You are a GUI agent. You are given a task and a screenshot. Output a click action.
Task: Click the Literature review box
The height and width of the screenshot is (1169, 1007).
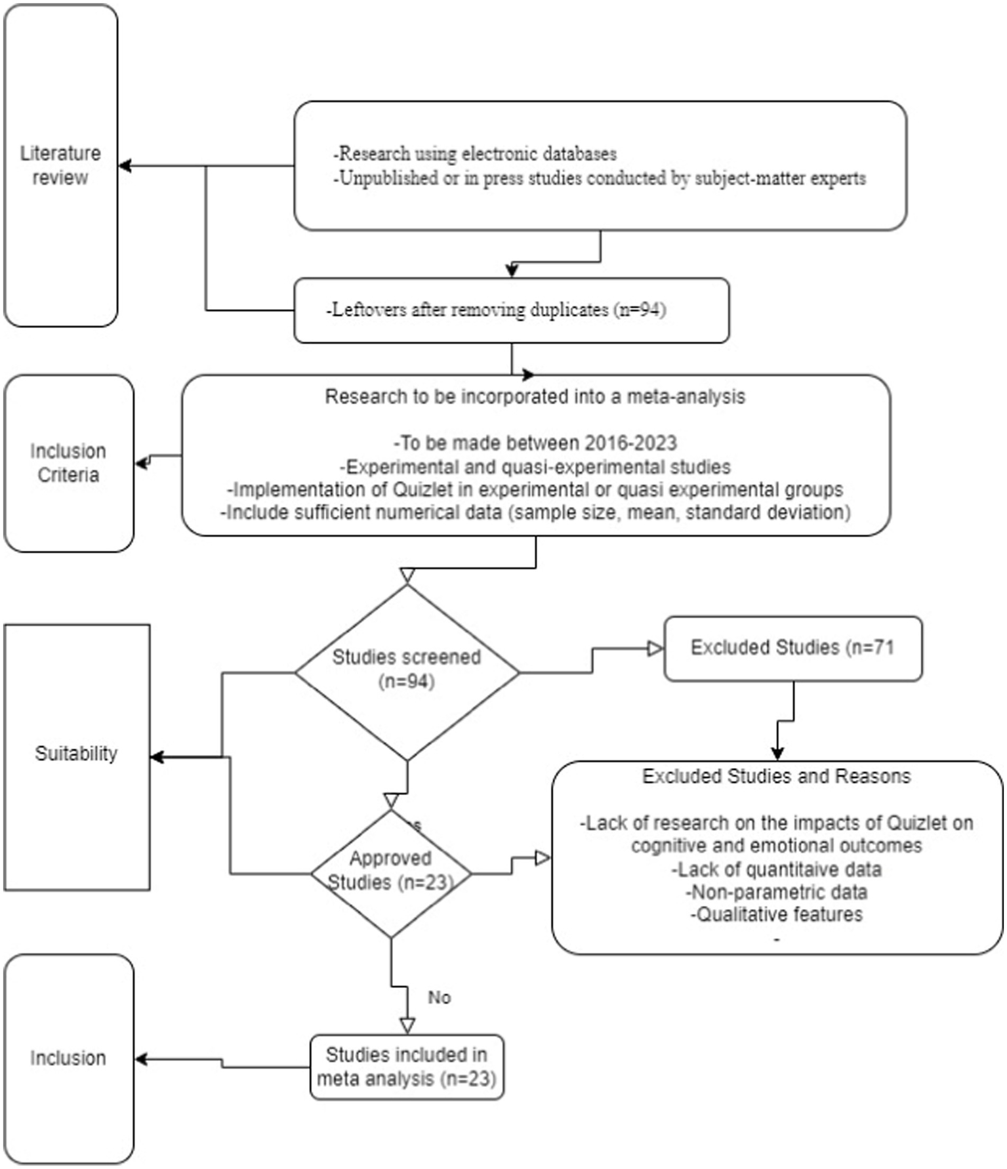[60, 165]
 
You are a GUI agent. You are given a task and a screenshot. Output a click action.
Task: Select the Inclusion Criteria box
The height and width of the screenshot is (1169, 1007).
[68, 463]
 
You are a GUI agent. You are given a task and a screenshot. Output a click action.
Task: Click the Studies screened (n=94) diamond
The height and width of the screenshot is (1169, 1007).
[407, 669]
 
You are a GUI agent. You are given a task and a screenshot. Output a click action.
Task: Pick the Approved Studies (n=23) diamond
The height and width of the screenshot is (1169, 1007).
[391, 871]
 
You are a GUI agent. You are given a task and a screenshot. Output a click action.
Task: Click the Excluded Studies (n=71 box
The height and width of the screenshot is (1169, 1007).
[792, 648]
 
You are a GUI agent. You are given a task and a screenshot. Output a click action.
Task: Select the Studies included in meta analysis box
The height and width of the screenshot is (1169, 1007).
[407, 1067]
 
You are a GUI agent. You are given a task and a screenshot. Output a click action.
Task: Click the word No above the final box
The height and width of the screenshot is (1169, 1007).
[439, 998]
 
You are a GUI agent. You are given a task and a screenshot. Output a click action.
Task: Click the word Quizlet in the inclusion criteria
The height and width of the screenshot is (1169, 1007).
[422, 490]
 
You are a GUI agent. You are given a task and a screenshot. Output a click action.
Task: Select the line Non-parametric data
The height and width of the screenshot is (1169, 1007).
[776, 892]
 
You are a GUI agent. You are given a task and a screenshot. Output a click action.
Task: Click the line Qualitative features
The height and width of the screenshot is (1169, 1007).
[776, 914]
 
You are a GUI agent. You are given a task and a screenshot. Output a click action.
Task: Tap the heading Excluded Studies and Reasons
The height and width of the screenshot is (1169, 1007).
[776, 777]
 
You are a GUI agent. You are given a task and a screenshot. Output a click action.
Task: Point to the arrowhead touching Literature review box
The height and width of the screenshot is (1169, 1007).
[125, 166]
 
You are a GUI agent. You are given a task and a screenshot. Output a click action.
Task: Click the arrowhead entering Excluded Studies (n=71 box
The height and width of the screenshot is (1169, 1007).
[655, 649]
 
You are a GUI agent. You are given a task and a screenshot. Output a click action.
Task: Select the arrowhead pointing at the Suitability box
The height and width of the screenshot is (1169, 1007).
[157, 757]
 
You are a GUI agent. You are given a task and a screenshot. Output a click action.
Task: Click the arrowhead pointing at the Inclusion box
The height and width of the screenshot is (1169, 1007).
[140, 1059]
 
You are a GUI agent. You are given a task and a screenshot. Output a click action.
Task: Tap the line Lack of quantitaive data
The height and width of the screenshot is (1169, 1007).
[776, 870]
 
